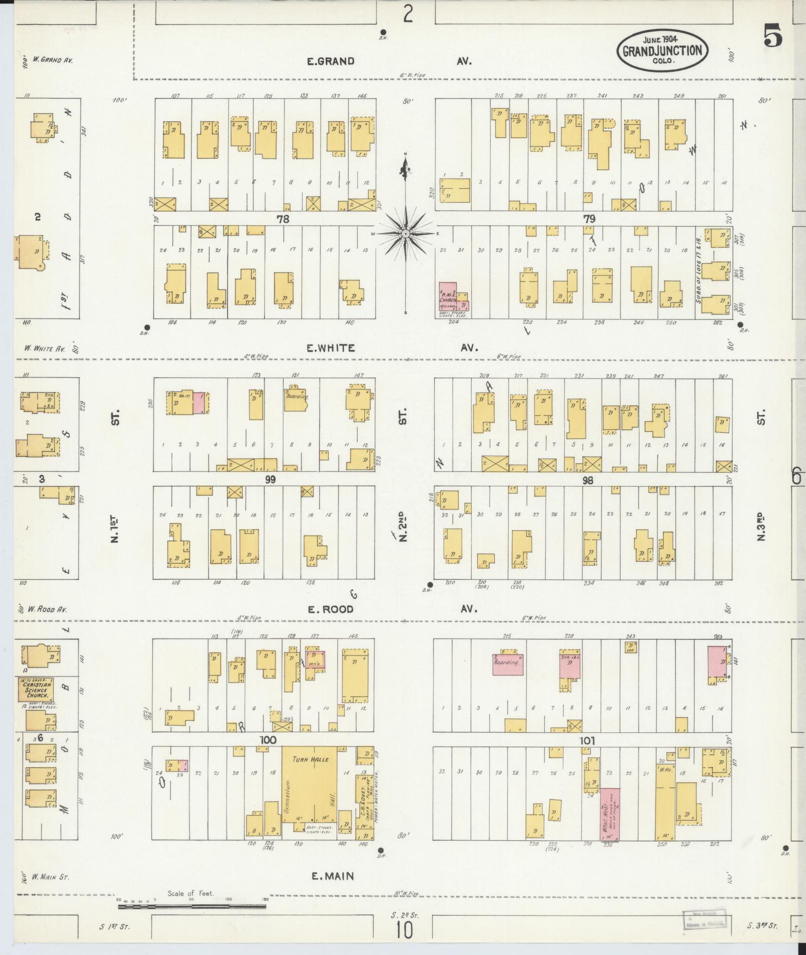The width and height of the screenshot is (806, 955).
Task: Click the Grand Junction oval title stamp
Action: [662, 50]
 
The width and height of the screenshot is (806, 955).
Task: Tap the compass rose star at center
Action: [405, 234]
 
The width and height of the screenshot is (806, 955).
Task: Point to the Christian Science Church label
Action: [35, 690]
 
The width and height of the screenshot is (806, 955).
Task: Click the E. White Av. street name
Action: [331, 348]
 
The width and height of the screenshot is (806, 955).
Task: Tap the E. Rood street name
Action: [330, 609]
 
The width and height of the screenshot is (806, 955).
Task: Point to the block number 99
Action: [271, 480]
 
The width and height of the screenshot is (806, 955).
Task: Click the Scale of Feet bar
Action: [192, 906]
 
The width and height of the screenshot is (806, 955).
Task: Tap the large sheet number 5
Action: [773, 35]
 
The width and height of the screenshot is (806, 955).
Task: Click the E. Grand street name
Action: [330, 61]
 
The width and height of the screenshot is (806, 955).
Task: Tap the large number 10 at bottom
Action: [405, 930]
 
